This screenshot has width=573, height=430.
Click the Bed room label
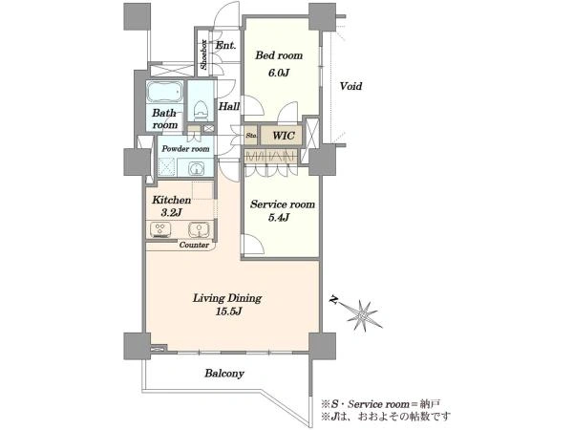[x=279, y=55]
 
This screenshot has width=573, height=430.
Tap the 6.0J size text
[x=279, y=73]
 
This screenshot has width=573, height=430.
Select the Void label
[x=350, y=86]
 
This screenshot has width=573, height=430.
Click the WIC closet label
[x=284, y=136]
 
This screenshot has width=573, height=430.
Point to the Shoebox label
[x=203, y=54]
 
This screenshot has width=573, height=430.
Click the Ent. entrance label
[x=225, y=46]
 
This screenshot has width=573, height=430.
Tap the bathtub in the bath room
[x=165, y=92]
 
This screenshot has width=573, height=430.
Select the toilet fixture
[x=200, y=110]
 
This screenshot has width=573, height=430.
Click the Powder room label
[x=185, y=149]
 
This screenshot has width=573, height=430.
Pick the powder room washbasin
[x=196, y=169]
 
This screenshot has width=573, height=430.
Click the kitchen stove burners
[x=160, y=229]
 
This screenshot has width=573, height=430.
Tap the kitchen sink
[x=200, y=229]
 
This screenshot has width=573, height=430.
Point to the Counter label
[x=194, y=245]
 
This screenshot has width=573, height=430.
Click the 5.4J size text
[x=279, y=218]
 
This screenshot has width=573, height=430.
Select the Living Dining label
[x=227, y=298]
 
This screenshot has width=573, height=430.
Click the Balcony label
[x=224, y=374]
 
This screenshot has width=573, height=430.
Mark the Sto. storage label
[x=251, y=136]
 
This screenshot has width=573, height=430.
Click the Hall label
[x=229, y=106]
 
